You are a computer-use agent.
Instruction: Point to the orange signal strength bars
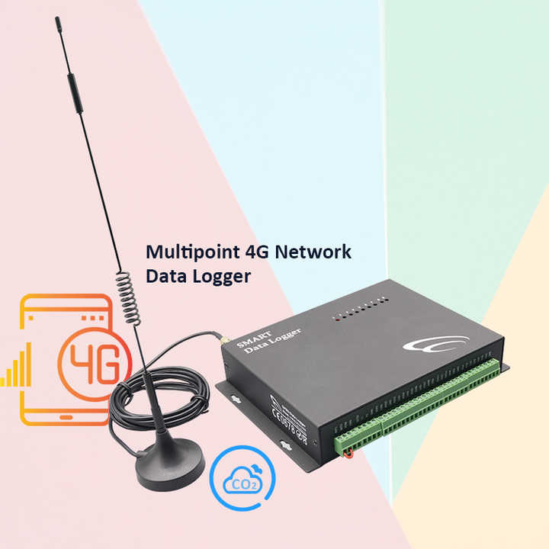click(x=17, y=366)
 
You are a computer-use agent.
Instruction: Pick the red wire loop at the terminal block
click(x=348, y=456)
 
